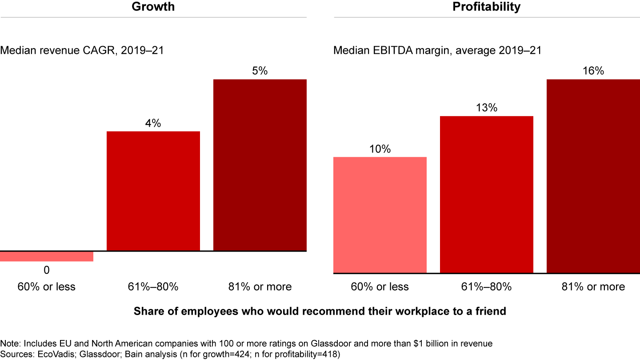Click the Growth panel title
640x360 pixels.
[x=153, y=7]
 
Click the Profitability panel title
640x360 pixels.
[x=487, y=7]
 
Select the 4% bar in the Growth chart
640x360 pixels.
[x=153, y=191]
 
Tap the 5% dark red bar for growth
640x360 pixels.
[x=260, y=165]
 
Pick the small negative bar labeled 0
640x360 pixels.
[x=47, y=256]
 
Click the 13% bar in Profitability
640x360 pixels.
[x=487, y=194]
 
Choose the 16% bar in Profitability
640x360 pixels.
[x=593, y=176]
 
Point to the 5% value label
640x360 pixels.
[x=260, y=71]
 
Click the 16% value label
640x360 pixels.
[x=593, y=71]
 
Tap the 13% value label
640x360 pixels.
[x=486, y=108]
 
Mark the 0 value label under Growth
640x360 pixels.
[x=46, y=270]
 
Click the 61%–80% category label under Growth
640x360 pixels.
[x=153, y=287]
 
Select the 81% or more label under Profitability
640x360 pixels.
[x=593, y=287]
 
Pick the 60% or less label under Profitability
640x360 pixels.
[x=380, y=287]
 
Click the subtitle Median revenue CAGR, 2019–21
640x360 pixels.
[x=82, y=51]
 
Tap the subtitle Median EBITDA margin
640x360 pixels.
[x=437, y=51]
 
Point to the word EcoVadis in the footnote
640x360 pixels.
[x=44, y=355]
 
